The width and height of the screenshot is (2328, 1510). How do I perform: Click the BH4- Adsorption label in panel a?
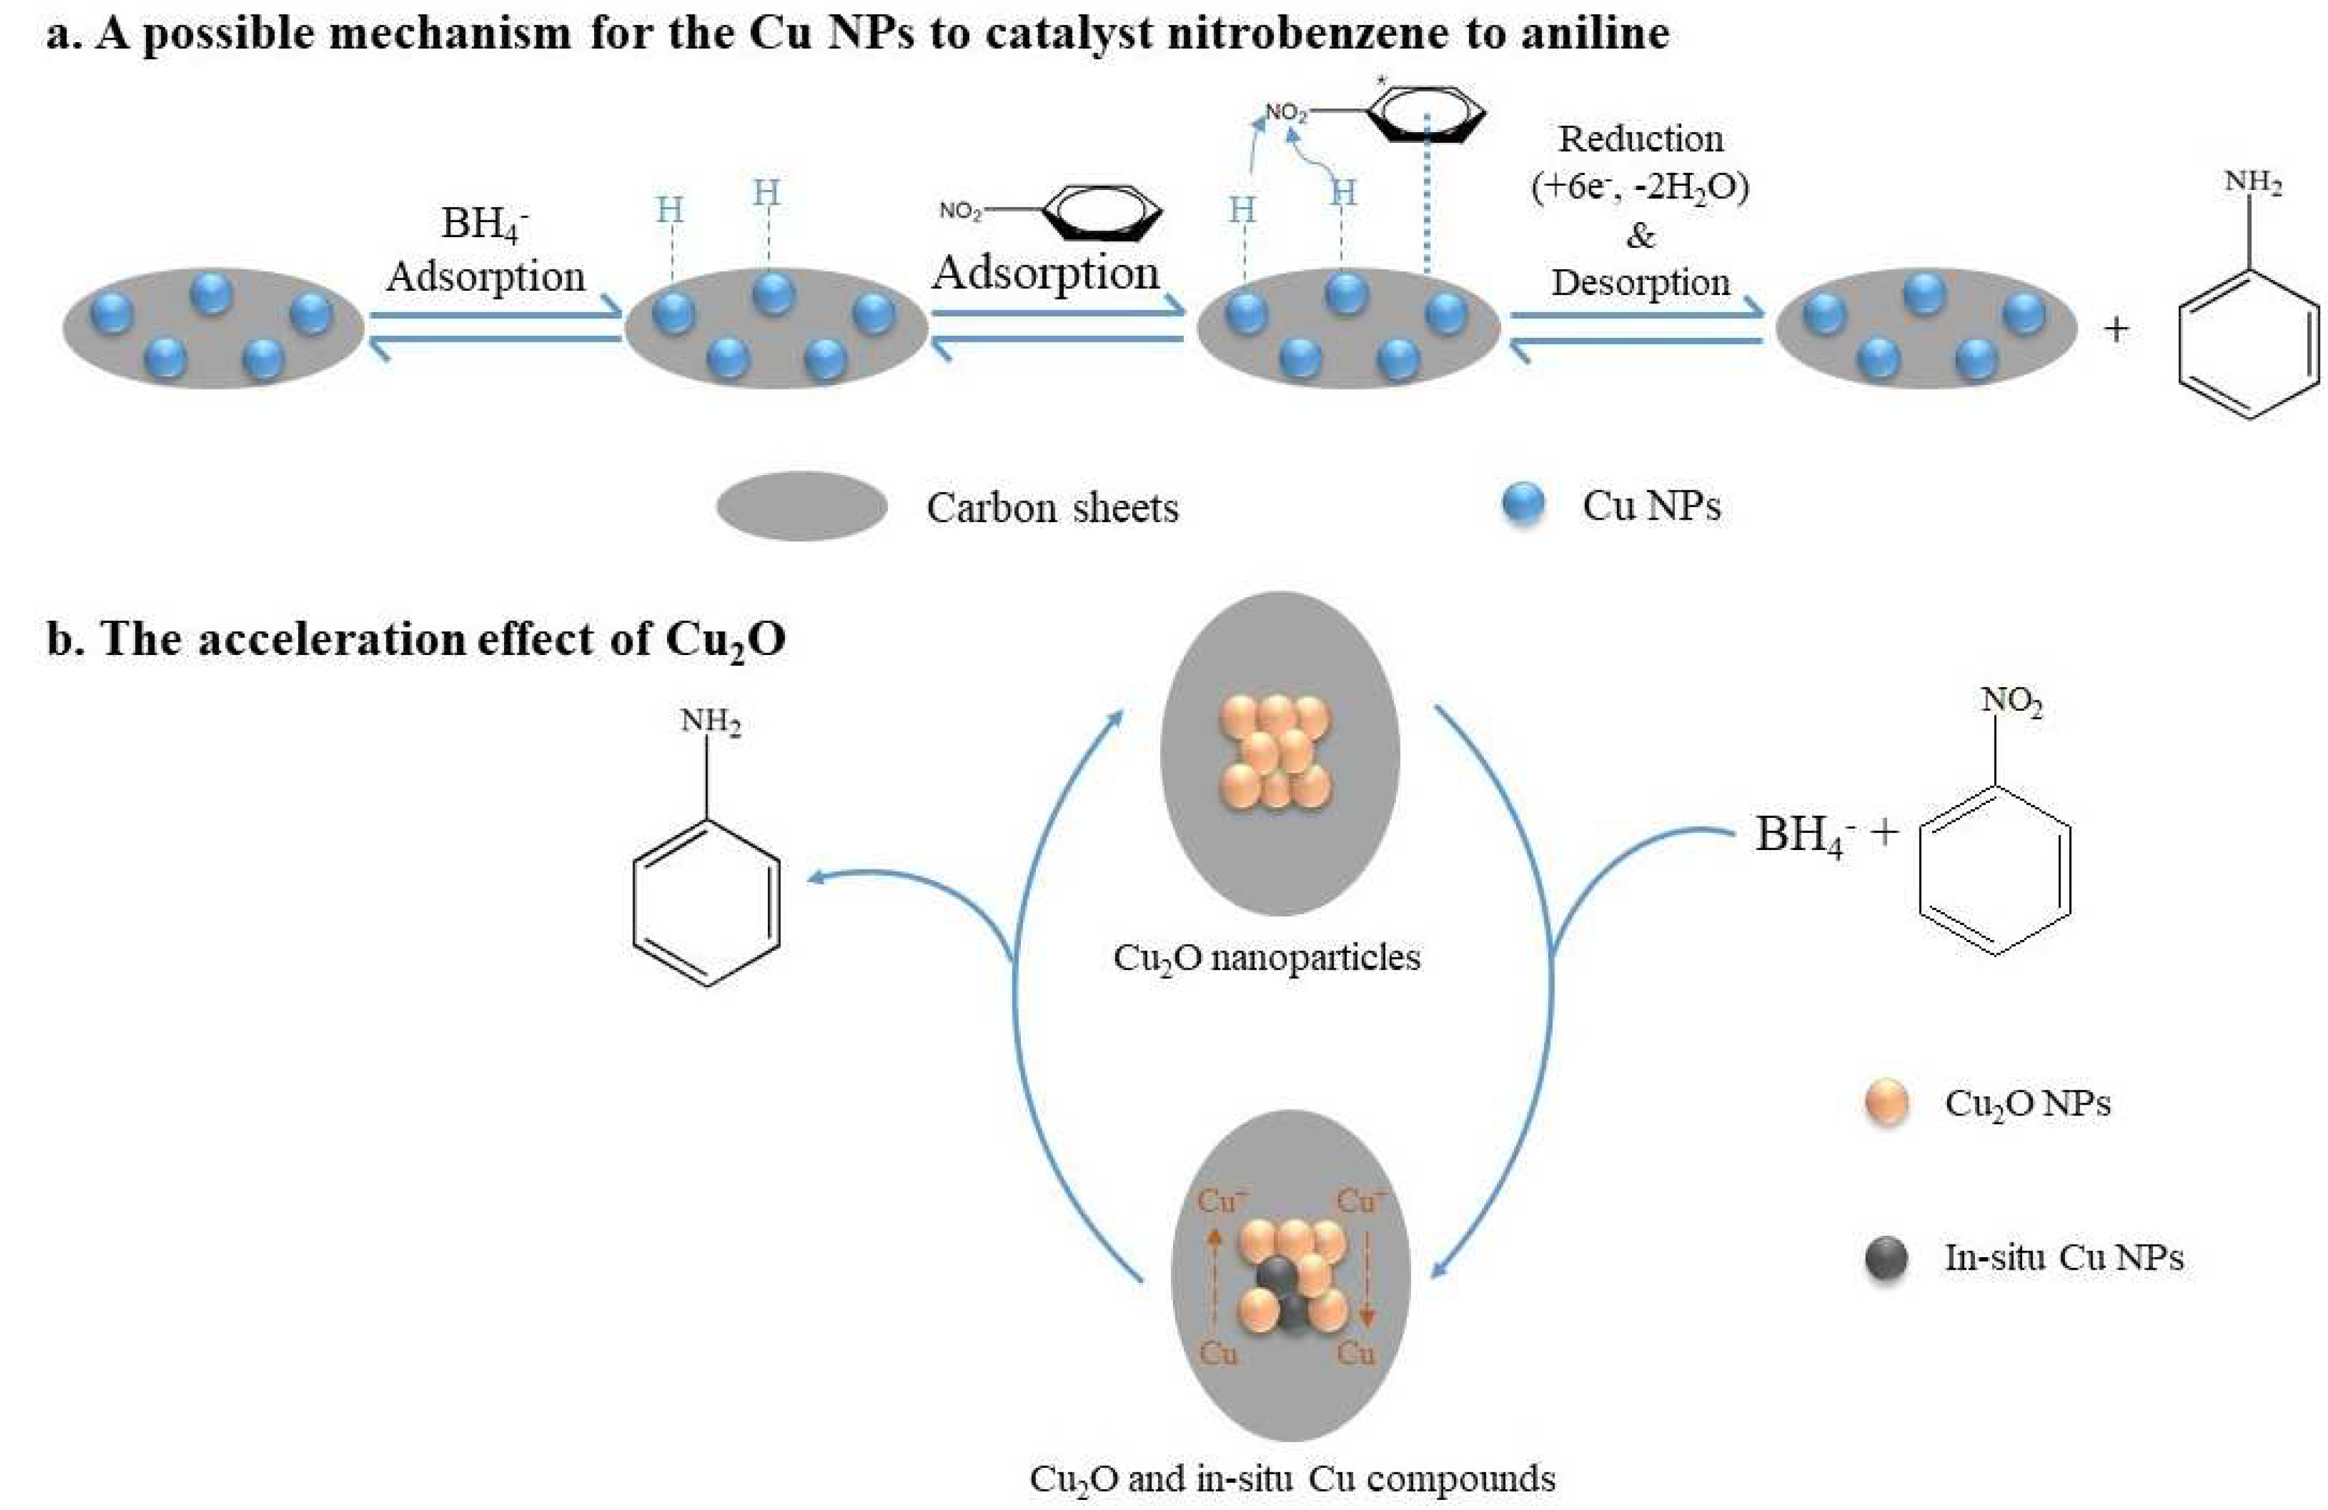485,250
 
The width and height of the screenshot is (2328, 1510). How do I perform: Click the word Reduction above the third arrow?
1640,139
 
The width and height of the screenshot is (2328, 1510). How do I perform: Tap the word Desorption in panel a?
1640,282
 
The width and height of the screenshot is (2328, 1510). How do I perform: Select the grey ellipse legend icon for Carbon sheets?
802,506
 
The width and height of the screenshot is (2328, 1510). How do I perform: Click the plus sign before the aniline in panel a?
2116,330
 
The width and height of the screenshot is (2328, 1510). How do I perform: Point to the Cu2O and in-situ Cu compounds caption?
1292,1478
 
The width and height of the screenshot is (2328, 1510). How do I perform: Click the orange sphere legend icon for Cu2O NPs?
1887,1103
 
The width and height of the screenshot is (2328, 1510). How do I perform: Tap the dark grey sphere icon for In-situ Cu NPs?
1887,1258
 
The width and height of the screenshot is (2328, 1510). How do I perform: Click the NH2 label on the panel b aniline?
710,722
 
